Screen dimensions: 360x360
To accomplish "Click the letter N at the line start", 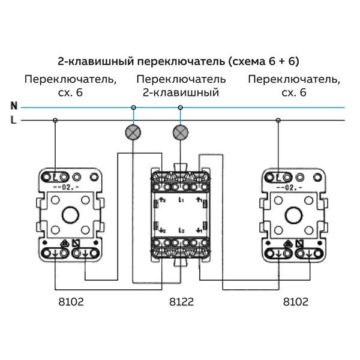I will (13, 106).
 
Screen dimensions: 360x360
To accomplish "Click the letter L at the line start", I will (13, 121).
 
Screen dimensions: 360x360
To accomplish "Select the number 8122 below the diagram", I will (180, 301).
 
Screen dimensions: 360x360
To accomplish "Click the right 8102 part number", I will (295, 301).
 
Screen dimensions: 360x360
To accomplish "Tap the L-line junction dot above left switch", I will (55, 121).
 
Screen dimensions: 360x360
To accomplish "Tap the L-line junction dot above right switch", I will (277, 121).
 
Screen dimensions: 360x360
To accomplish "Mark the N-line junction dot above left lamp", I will (133, 107).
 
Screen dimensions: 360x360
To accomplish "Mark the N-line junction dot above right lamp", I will (179, 107).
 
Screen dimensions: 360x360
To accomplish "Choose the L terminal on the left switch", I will (56, 177).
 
